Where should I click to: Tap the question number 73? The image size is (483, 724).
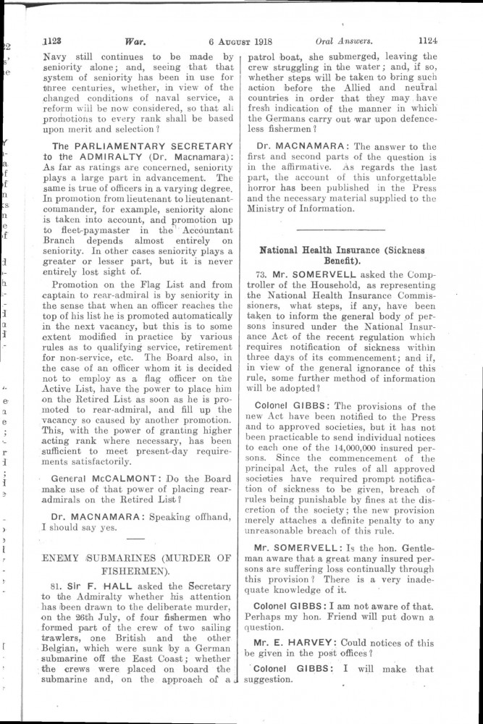262,276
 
